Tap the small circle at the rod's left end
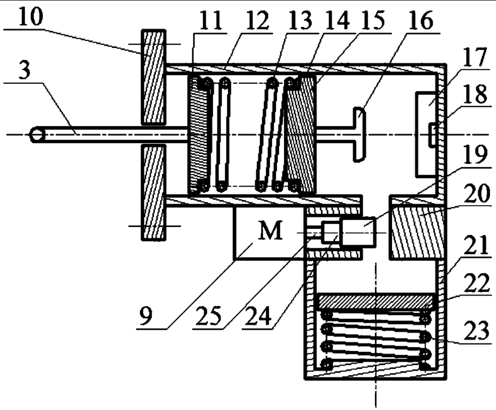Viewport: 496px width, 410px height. pos(37,135)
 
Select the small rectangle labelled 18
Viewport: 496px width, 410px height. pos(431,136)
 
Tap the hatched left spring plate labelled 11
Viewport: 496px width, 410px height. pos(198,134)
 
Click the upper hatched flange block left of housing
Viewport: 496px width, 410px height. pos(153,77)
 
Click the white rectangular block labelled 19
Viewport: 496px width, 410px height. pos(359,232)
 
